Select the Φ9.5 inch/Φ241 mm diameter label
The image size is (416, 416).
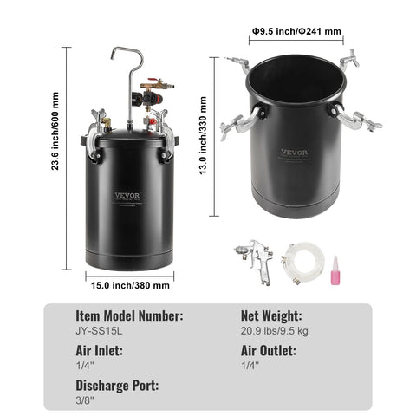(297, 32)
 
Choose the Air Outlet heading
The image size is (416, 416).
(269, 351)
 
